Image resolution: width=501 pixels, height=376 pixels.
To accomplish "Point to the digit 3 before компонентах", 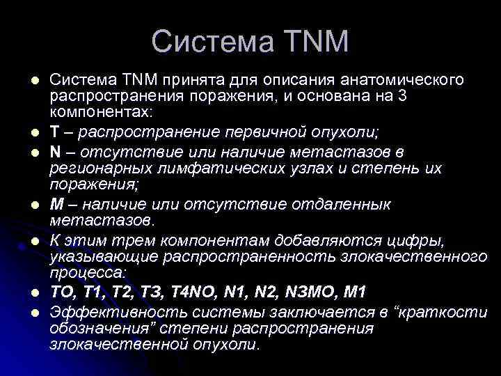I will pos(402,95).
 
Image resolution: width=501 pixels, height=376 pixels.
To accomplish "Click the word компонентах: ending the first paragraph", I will pos(104,111).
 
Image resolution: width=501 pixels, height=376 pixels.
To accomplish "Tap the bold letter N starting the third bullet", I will pos(55,151).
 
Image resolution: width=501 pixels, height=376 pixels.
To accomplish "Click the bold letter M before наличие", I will pos(56,205).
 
